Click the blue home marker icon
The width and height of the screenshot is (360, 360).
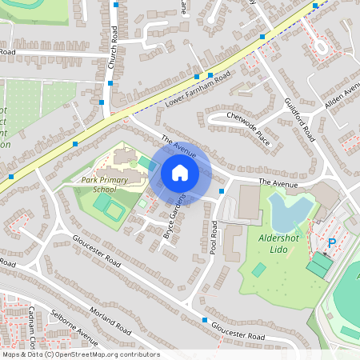point(180,173)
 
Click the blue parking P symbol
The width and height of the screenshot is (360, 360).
point(332,242)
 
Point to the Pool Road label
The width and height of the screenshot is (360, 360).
point(214,238)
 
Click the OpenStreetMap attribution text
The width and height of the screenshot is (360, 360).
point(80,354)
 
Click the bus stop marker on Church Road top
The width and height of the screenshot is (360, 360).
point(116,5)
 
